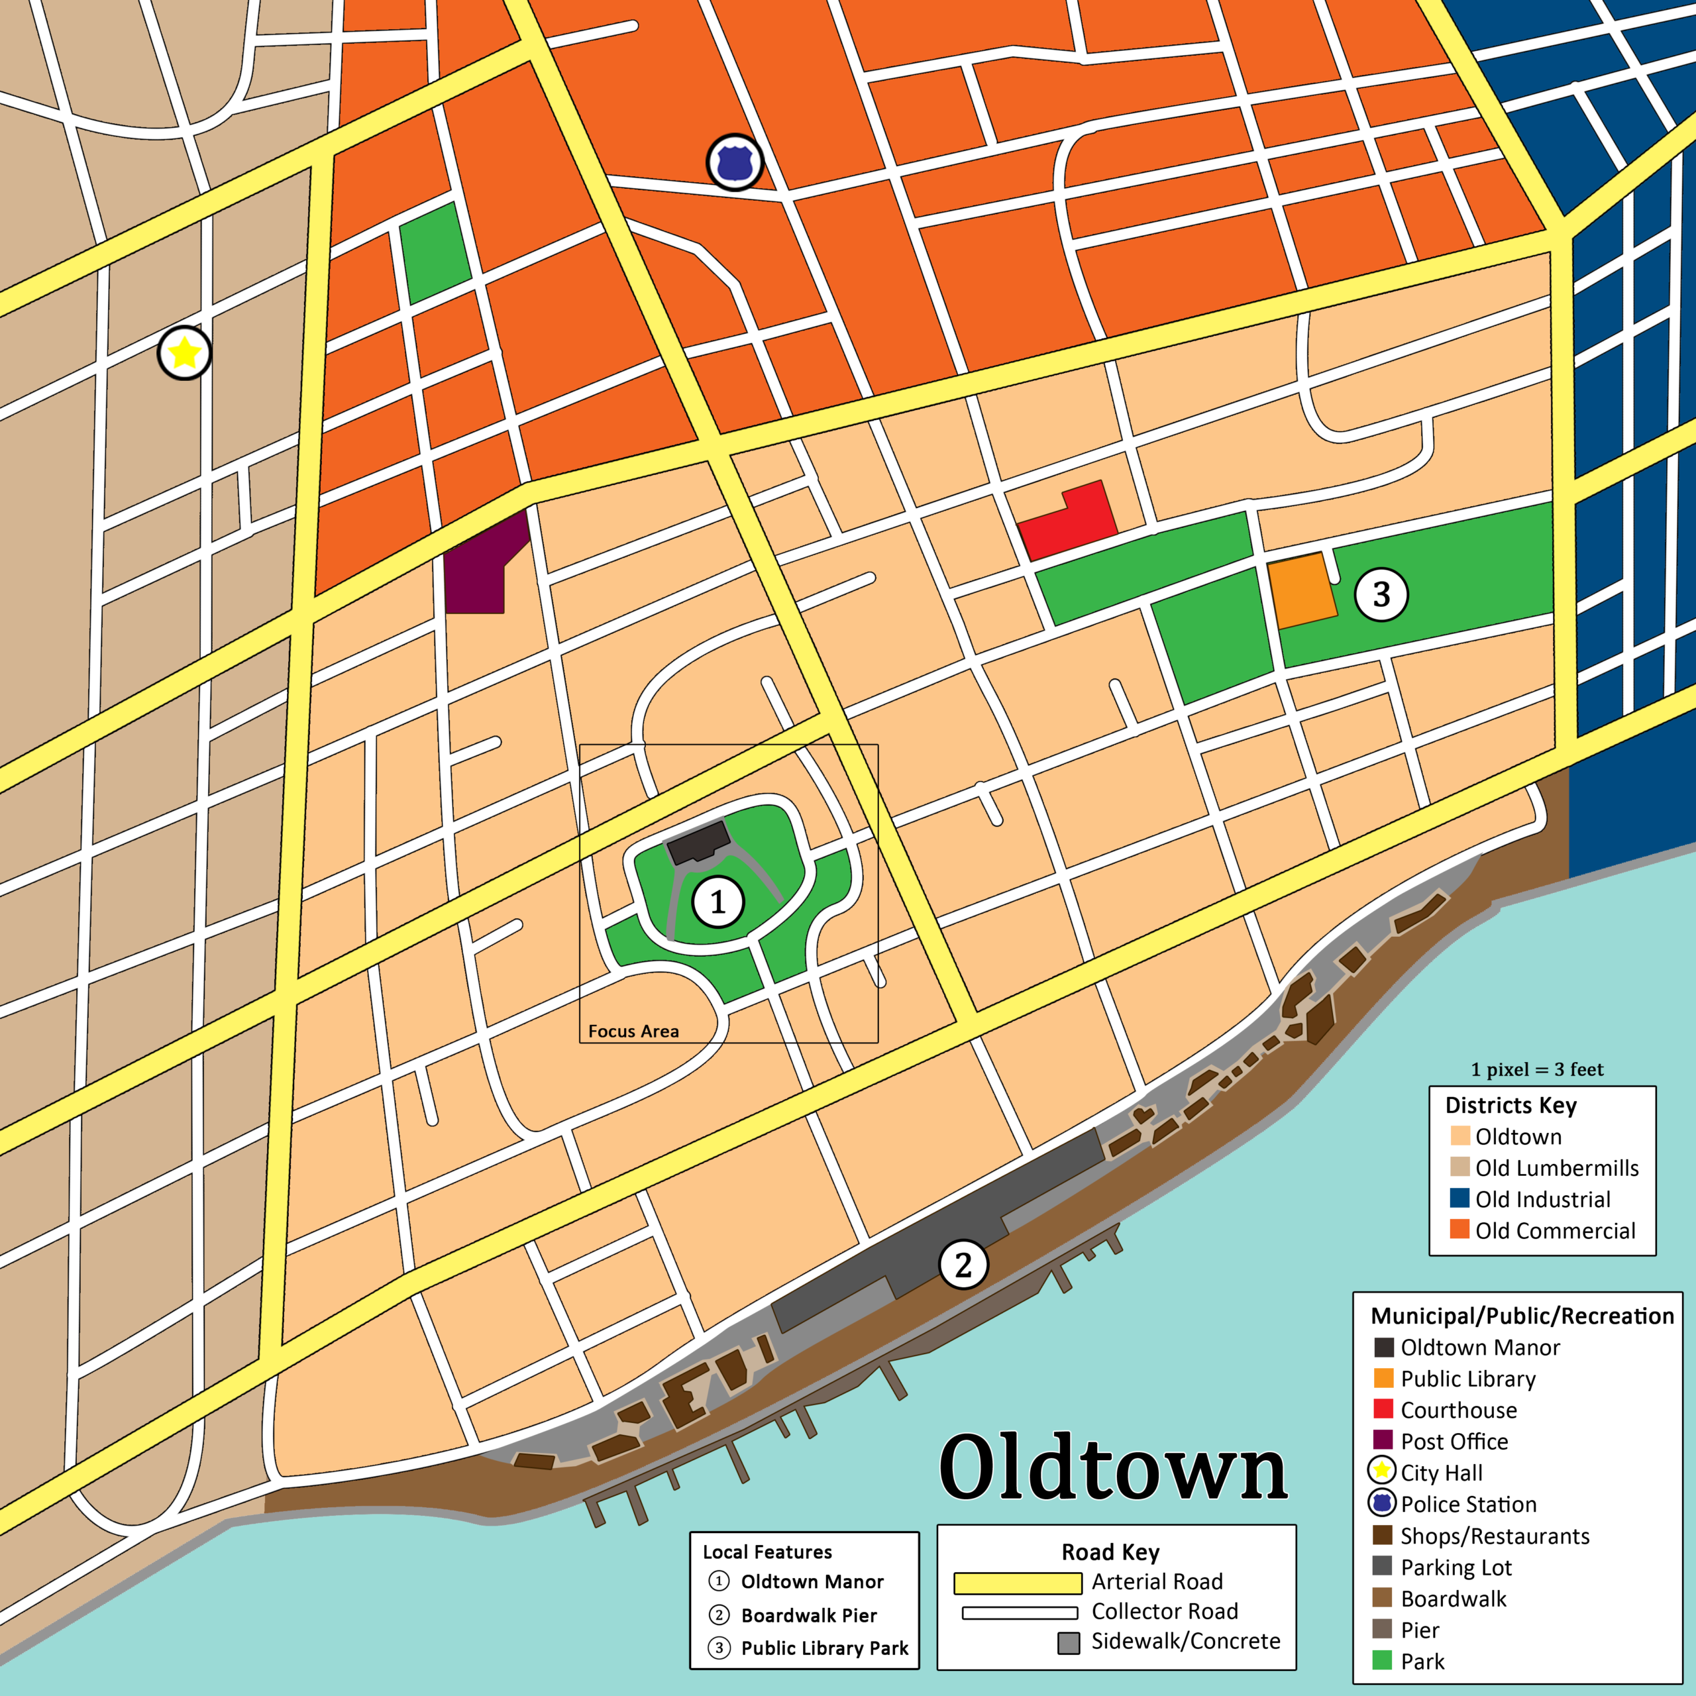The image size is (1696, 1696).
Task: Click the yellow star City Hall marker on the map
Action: click(x=184, y=353)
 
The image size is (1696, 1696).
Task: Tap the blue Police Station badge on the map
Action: click(x=735, y=162)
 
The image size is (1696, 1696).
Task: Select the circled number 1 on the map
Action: click(x=718, y=902)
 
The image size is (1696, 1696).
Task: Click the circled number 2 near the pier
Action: click(x=963, y=1265)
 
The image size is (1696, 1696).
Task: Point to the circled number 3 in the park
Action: click(x=1381, y=594)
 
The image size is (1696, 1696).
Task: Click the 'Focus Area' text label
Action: click(x=633, y=1032)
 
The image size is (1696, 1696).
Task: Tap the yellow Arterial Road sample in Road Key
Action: click(x=1018, y=1583)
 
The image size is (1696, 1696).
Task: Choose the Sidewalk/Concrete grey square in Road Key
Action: click(x=1069, y=1643)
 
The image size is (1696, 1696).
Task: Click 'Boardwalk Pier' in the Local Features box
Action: click(x=808, y=1615)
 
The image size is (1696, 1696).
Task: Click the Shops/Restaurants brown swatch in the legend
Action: click(x=1382, y=1536)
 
